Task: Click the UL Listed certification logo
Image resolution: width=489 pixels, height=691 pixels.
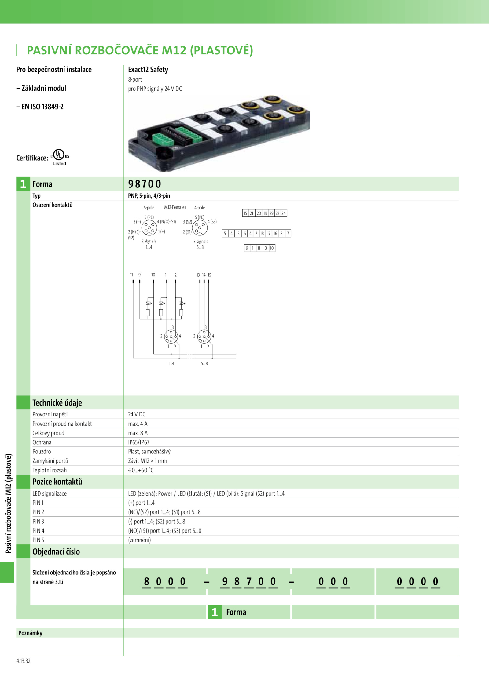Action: coord(59,157)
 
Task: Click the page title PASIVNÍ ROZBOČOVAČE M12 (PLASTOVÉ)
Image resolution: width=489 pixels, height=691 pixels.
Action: coord(140,50)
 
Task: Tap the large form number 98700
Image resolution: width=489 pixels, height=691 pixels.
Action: coord(145,184)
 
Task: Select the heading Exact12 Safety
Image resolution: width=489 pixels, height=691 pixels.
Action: coord(148,70)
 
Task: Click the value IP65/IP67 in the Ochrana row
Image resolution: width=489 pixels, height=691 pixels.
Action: coord(138,442)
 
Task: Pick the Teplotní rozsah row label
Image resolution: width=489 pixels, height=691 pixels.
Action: coord(50,470)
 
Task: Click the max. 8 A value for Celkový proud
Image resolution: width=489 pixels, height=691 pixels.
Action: coord(138,433)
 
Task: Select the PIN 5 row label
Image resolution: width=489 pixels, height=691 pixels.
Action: coord(38,540)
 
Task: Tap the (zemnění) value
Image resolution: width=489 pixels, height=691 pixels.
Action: coord(139,540)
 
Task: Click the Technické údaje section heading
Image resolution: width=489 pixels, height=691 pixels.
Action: coord(57,403)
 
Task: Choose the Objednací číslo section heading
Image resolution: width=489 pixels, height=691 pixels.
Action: coord(56,551)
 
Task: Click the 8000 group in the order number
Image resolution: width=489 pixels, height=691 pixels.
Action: coord(165,581)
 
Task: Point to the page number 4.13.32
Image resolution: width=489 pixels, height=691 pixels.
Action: coord(23,661)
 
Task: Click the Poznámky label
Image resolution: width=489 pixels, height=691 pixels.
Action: coord(30,633)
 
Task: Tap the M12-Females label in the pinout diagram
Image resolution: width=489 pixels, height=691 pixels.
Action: coord(175,207)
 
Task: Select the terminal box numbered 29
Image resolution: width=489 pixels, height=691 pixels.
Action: coord(271,213)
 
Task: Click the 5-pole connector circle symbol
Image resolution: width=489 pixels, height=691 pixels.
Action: coord(149,228)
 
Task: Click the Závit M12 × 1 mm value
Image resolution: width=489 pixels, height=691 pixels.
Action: coord(148,461)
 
